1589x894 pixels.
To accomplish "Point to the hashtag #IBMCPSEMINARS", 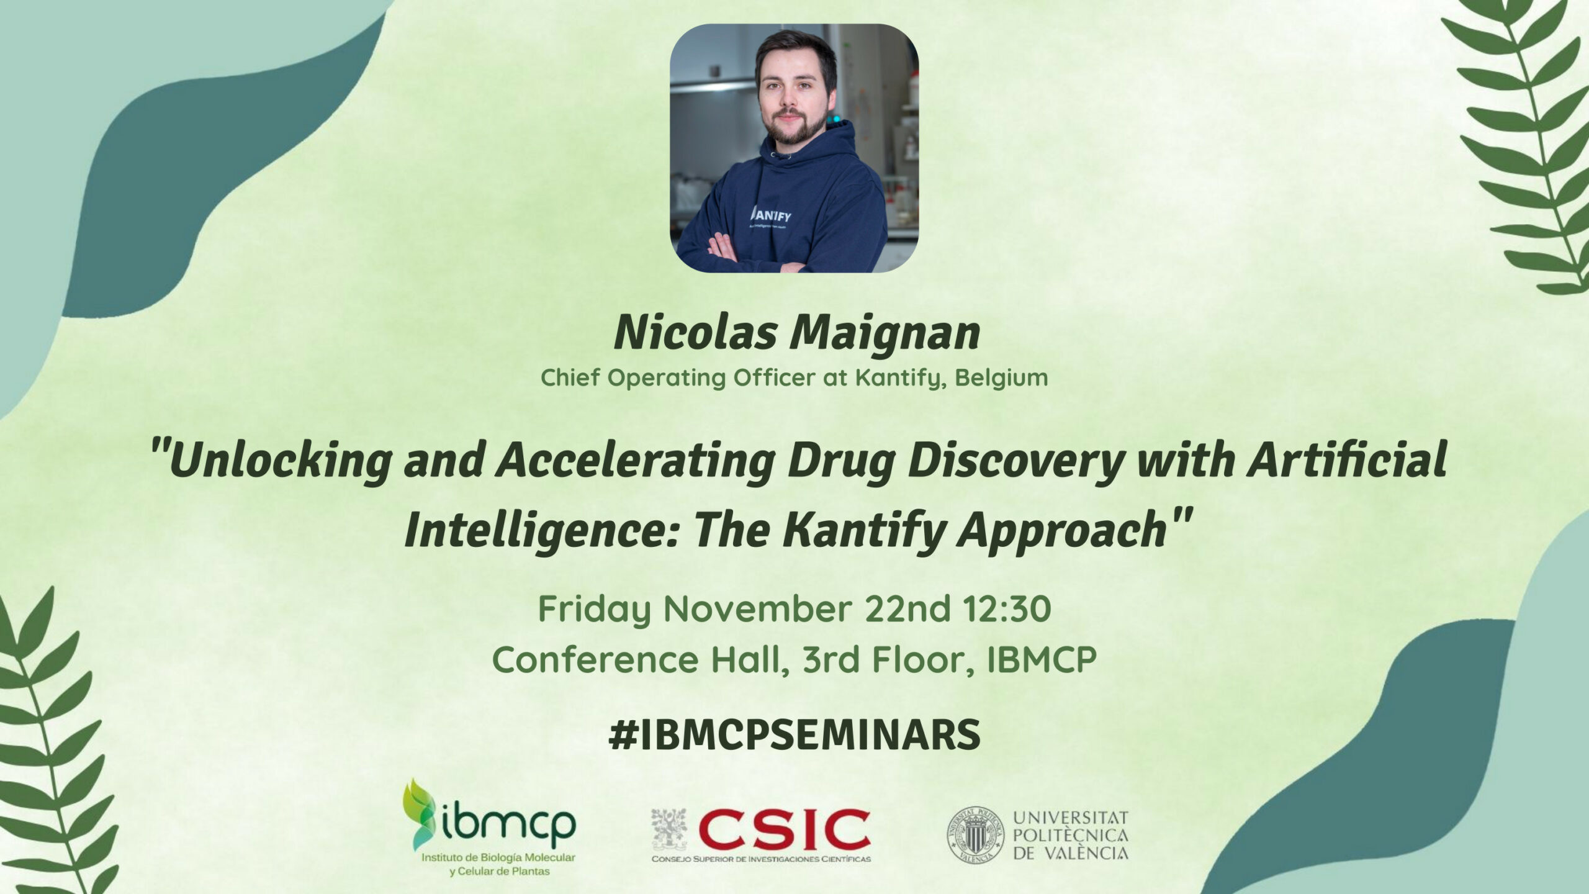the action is coord(795,734).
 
